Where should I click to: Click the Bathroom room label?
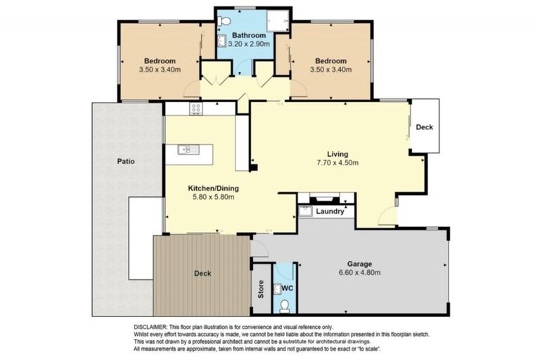point(249,35)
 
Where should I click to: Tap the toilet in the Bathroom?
point(224,21)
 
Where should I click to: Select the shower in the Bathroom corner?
point(278,20)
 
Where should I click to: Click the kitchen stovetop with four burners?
point(196,108)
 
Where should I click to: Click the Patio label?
point(126,161)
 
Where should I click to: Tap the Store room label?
point(261,290)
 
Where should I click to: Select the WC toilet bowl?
point(285,306)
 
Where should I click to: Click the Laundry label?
point(330,212)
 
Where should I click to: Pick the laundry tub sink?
point(305,211)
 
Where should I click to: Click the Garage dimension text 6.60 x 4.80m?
point(359,273)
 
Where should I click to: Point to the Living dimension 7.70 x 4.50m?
point(337,162)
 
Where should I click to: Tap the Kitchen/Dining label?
point(213,188)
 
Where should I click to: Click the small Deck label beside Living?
point(424,127)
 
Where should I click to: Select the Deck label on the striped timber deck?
point(202,274)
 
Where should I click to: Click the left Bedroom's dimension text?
point(160,70)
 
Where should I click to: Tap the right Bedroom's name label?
point(331,61)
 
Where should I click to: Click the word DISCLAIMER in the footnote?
point(151,327)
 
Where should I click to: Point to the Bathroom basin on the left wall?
point(221,41)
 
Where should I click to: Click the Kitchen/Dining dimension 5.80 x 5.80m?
point(213,197)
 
